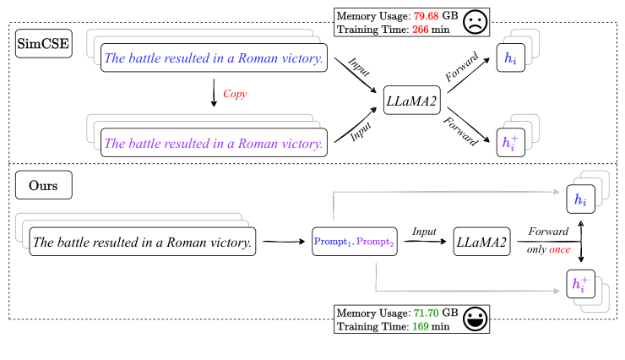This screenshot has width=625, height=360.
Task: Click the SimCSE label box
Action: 43,42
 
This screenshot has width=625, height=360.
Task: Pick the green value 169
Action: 423,326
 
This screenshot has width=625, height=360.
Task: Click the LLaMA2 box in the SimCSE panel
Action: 412,101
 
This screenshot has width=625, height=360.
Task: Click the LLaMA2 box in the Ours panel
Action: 481,243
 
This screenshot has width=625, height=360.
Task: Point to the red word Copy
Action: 235,95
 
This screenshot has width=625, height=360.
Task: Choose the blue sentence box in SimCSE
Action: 215,58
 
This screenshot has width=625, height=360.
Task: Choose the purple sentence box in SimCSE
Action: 215,144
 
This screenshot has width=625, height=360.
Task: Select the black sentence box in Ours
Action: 143,243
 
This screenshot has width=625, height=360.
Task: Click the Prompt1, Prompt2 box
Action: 354,243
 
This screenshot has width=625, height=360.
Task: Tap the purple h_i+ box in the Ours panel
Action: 580,282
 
